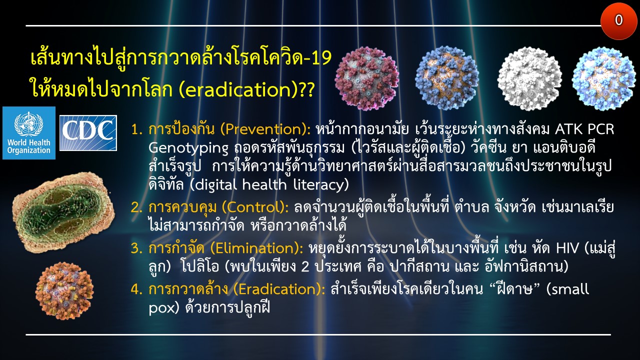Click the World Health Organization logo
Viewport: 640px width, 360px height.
(29, 133)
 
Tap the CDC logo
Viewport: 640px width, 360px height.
(88, 133)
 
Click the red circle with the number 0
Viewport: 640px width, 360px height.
(618, 20)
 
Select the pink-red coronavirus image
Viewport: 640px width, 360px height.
(367, 78)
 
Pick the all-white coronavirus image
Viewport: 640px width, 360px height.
(529, 78)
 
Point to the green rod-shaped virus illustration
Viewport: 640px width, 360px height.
(63, 212)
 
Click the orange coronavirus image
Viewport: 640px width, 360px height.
(64, 291)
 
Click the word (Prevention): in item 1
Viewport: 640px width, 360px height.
(265, 129)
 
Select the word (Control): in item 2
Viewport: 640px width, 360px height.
(255, 207)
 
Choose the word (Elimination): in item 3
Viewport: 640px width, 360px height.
(256, 248)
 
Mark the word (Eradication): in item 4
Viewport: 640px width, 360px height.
(279, 289)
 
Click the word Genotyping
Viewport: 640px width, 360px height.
(188, 148)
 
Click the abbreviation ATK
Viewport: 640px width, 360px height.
(568, 129)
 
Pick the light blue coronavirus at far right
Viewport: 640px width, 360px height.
(603, 78)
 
